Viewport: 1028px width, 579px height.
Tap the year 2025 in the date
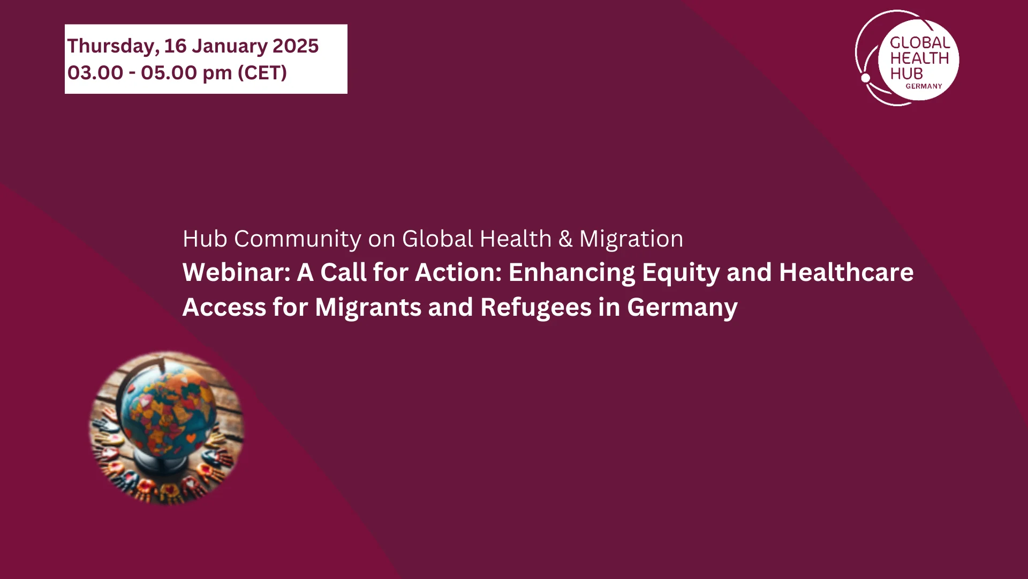tap(296, 46)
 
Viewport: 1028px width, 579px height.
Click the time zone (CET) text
tap(262, 73)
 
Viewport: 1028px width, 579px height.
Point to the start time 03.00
tap(95, 73)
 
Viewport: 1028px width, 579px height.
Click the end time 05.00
tap(169, 73)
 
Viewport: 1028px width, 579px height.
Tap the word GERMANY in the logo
tap(924, 86)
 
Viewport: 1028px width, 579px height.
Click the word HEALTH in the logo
tap(919, 58)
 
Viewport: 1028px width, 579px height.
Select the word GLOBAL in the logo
tap(920, 42)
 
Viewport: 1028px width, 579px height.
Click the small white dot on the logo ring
tap(865, 78)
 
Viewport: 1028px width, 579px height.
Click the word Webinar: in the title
tap(236, 272)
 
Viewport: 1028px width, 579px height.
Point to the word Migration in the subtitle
tap(631, 239)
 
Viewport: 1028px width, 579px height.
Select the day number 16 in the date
tap(175, 46)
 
